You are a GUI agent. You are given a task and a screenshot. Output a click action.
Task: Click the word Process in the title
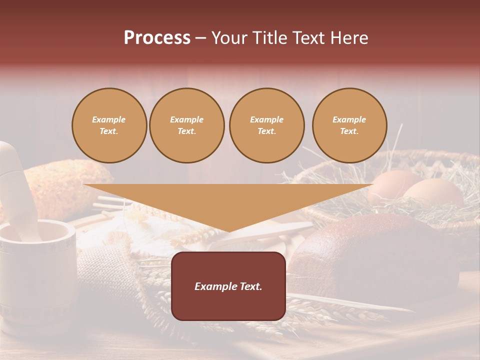tap(157, 38)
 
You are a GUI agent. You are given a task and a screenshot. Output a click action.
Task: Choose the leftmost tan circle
tap(109, 125)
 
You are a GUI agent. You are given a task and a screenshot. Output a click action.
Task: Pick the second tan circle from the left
tap(186, 125)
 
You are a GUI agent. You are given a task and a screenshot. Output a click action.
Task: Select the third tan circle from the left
tap(266, 125)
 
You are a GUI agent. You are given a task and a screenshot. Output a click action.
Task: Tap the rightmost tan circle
tap(349, 125)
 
